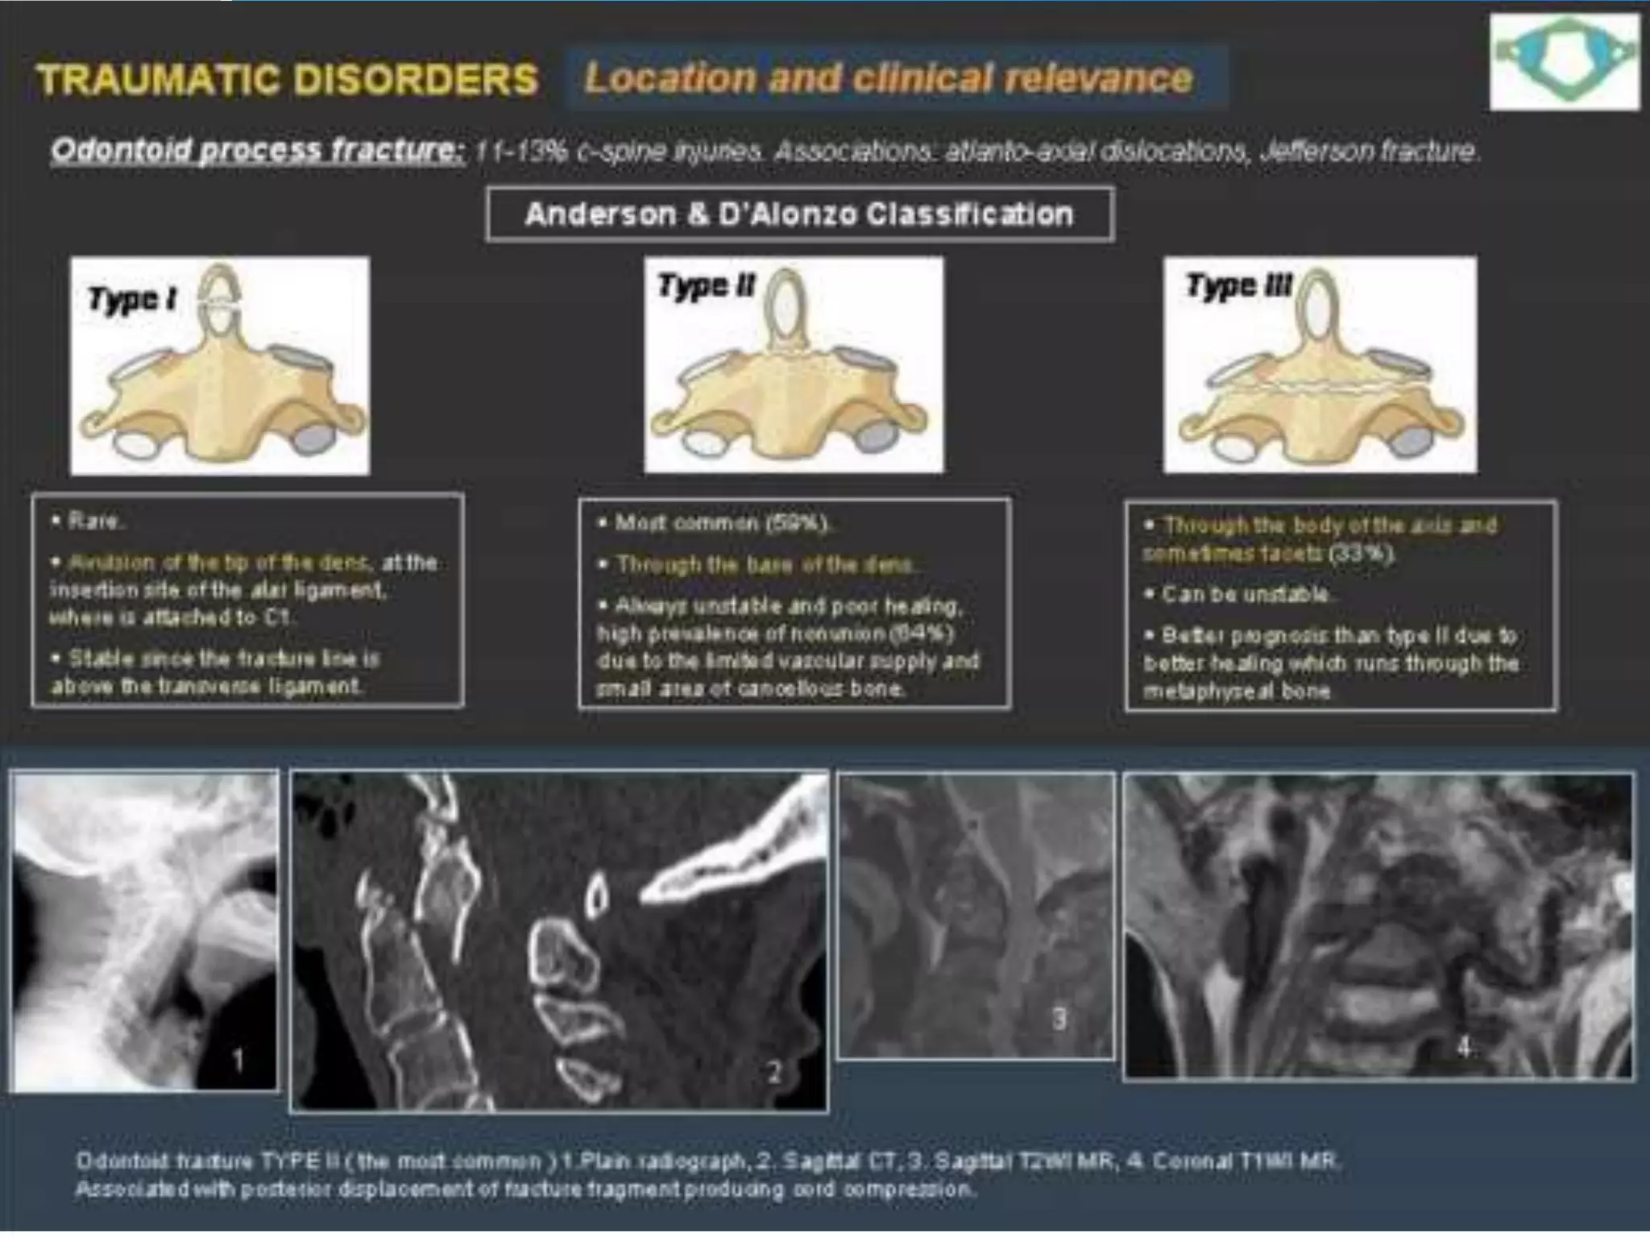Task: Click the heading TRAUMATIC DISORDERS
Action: [287, 80]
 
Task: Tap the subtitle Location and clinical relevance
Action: [888, 78]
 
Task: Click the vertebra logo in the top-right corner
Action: [1564, 61]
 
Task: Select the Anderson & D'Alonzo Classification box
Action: [799, 214]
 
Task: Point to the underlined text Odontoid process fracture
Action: [257, 151]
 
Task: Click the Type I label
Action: [132, 299]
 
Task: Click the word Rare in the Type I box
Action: [94, 521]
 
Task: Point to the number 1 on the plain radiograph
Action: [238, 1060]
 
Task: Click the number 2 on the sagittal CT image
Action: [773, 1072]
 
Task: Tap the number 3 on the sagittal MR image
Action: [1059, 1019]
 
